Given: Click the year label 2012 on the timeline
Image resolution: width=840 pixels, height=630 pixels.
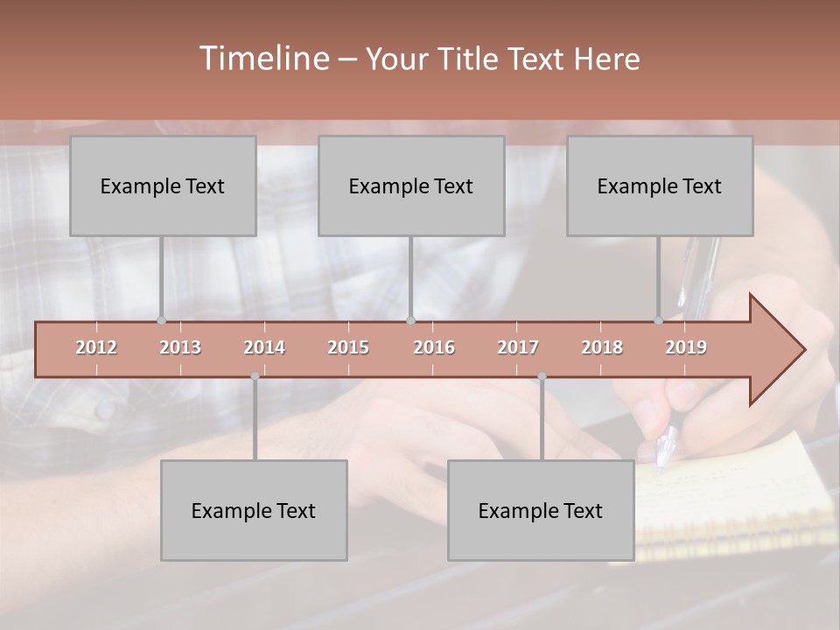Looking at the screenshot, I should (x=96, y=347).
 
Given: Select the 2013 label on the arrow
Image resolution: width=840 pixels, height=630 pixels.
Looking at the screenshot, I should (x=180, y=347).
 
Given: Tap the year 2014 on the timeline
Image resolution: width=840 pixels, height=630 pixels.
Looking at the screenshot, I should (x=264, y=347).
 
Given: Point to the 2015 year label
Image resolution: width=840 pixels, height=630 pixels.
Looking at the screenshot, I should (x=348, y=347).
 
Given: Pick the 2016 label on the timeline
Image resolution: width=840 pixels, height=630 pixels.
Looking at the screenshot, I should (x=434, y=347).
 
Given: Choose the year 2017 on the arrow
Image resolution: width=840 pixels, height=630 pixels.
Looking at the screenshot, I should (x=518, y=347).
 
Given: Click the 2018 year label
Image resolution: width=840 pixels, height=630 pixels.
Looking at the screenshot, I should (x=602, y=347).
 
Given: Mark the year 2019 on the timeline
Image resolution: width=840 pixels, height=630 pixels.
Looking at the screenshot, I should (x=686, y=347).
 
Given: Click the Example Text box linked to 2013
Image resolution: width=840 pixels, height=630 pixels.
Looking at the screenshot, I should (x=163, y=185).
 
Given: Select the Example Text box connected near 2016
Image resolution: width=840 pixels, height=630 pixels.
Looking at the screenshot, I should (x=411, y=185).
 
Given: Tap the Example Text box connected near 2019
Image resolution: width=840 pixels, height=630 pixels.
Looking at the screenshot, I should (x=660, y=185).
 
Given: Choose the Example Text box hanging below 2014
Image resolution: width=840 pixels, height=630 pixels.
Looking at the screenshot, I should (x=254, y=510).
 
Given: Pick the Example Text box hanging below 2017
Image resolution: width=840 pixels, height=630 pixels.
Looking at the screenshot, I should (x=541, y=510).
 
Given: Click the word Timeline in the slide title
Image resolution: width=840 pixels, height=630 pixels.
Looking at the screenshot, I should (x=262, y=59).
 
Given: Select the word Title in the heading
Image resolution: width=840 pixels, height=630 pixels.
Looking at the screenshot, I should (x=470, y=59).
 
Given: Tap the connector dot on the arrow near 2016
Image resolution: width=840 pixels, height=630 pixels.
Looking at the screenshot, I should (x=410, y=320).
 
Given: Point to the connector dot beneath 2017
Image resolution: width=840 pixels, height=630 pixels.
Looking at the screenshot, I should (x=542, y=376).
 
